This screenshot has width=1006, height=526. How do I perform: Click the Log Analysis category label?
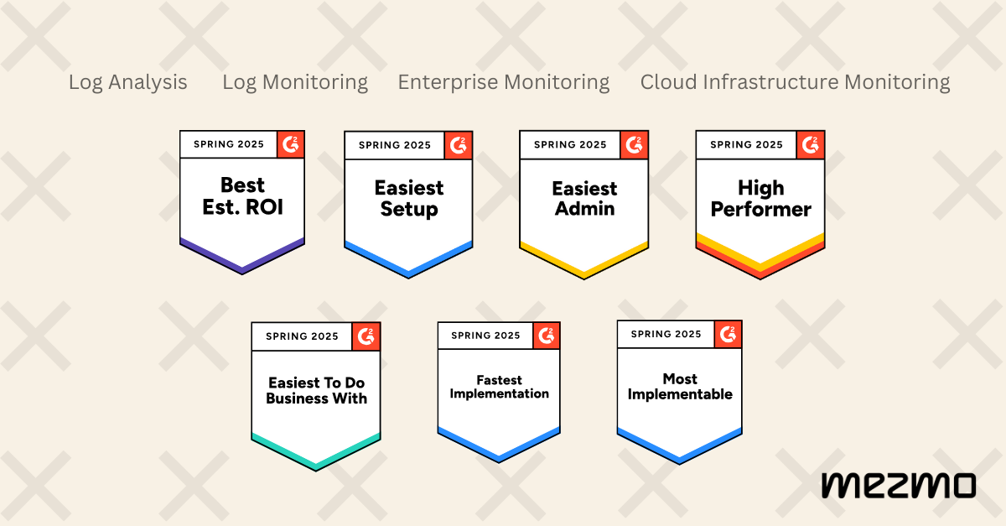pyautogui.click(x=127, y=82)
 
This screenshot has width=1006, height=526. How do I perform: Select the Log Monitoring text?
pyautogui.click(x=294, y=82)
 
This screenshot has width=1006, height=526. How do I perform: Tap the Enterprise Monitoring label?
pyautogui.click(x=503, y=82)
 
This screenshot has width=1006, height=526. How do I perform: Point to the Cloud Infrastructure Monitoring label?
pyautogui.click(x=795, y=82)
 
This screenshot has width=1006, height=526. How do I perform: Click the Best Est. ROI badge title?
pyautogui.click(x=242, y=195)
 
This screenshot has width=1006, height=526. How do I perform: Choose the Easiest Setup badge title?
pyautogui.click(x=408, y=199)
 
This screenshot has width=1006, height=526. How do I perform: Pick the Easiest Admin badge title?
pyautogui.click(x=583, y=199)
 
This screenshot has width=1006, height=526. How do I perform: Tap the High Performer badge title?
pyautogui.click(x=760, y=198)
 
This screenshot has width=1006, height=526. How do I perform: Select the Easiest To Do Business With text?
pyautogui.click(x=316, y=391)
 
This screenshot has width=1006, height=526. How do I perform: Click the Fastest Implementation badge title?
pyautogui.click(x=499, y=387)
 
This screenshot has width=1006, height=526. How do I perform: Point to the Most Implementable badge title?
pyautogui.click(x=680, y=387)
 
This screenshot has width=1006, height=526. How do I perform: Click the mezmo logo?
pyautogui.click(x=898, y=485)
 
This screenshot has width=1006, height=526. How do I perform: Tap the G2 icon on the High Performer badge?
pyautogui.click(x=811, y=144)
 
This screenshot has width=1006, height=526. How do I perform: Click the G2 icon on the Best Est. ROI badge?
pyautogui.click(x=290, y=143)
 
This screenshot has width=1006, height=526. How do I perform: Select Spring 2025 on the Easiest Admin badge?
pyautogui.click(x=570, y=144)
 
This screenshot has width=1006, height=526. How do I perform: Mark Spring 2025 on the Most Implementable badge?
pyautogui.click(x=666, y=334)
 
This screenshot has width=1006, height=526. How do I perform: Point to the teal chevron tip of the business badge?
pyautogui.click(x=316, y=465)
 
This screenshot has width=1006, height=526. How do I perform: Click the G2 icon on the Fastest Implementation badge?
pyautogui.click(x=547, y=336)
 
